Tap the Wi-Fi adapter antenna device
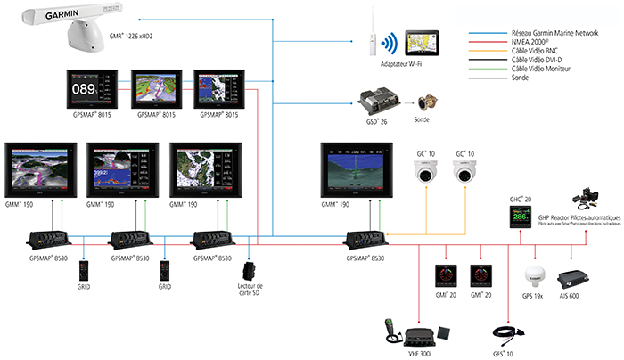pyautogui.click(x=367, y=39)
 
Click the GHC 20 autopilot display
pyautogui.click(x=518, y=218)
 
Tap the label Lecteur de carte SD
pyautogui.click(x=253, y=295)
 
